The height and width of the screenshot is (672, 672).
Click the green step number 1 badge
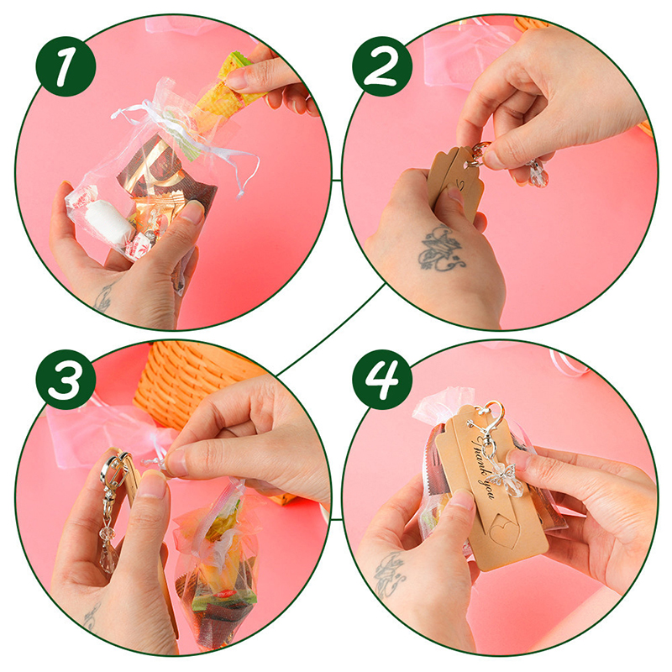coord(66,66)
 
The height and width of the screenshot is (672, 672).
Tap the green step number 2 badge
coord(382,66)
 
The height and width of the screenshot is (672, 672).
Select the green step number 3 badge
coord(66,380)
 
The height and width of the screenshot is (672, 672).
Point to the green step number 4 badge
coord(382,380)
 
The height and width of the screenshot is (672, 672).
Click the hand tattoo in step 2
coord(440,249)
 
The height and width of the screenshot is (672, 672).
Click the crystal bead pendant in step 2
coord(538,175)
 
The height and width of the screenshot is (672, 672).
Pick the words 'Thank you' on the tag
coord(485,467)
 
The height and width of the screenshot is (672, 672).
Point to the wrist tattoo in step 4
coord(389,575)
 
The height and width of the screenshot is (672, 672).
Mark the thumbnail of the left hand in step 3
coord(151,483)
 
